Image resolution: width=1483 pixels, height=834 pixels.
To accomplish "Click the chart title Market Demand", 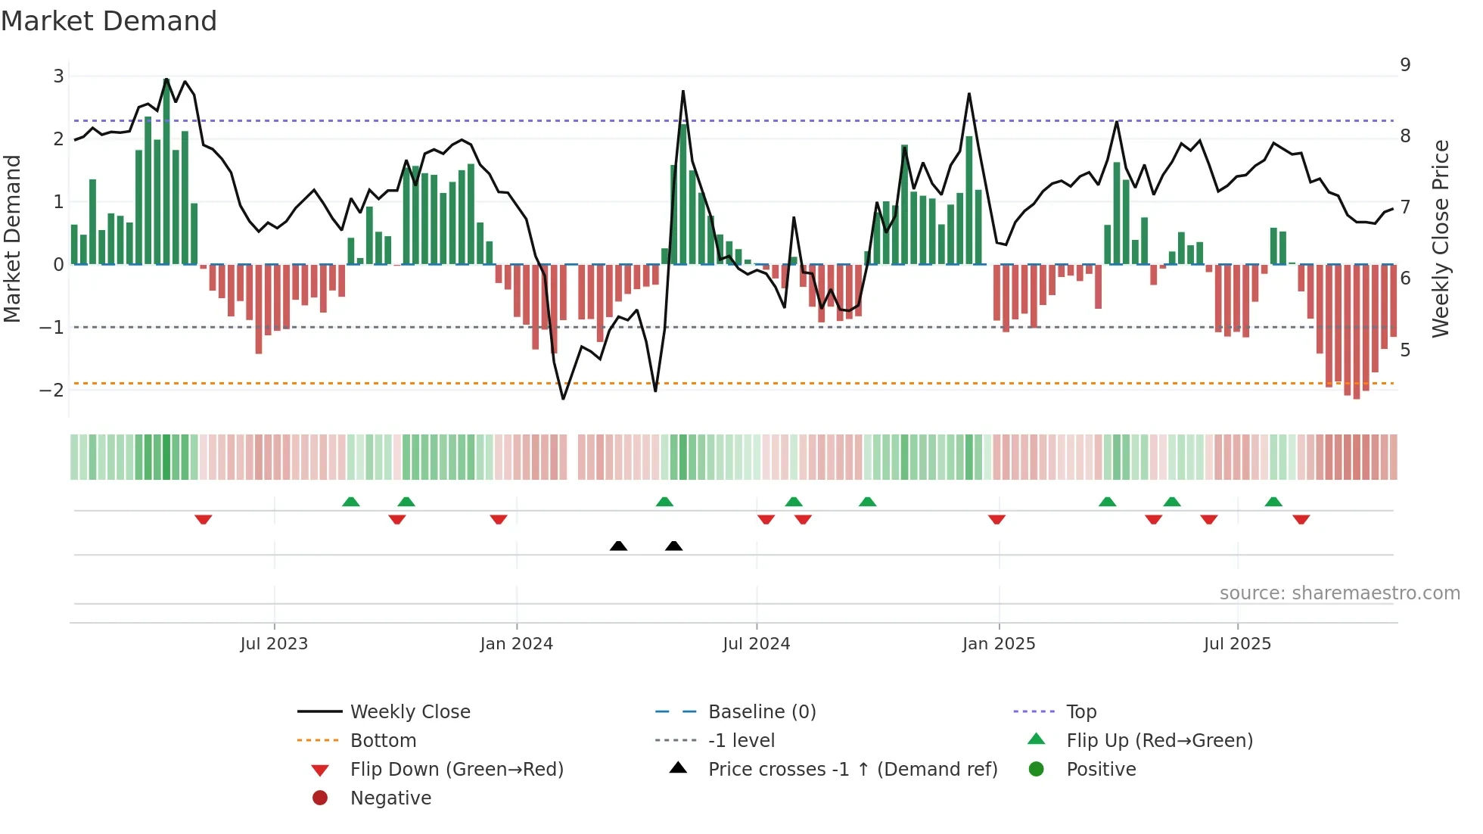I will tap(109, 21).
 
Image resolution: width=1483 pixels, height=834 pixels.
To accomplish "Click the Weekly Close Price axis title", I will tap(1440, 238).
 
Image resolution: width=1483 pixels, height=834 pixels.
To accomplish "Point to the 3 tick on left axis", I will tap(58, 76).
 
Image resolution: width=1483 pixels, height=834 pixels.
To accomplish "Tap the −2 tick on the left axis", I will tap(52, 391).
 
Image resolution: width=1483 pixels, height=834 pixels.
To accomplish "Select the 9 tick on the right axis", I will tap(1405, 65).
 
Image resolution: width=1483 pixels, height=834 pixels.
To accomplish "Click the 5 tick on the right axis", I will tap(1405, 350).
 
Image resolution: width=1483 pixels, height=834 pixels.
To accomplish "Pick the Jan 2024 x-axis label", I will tap(516, 644).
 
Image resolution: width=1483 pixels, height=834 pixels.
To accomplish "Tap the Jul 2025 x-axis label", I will tap(1237, 644).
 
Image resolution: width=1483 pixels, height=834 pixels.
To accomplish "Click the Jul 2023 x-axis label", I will tap(274, 644).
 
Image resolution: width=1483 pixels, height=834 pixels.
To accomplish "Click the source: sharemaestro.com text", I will tap(1339, 593).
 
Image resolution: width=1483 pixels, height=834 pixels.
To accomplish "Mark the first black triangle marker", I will tap(618, 546).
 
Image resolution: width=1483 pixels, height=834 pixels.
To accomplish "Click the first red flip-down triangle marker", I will tap(203, 519).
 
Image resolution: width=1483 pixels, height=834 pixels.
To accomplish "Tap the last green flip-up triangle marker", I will tap(1273, 502).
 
